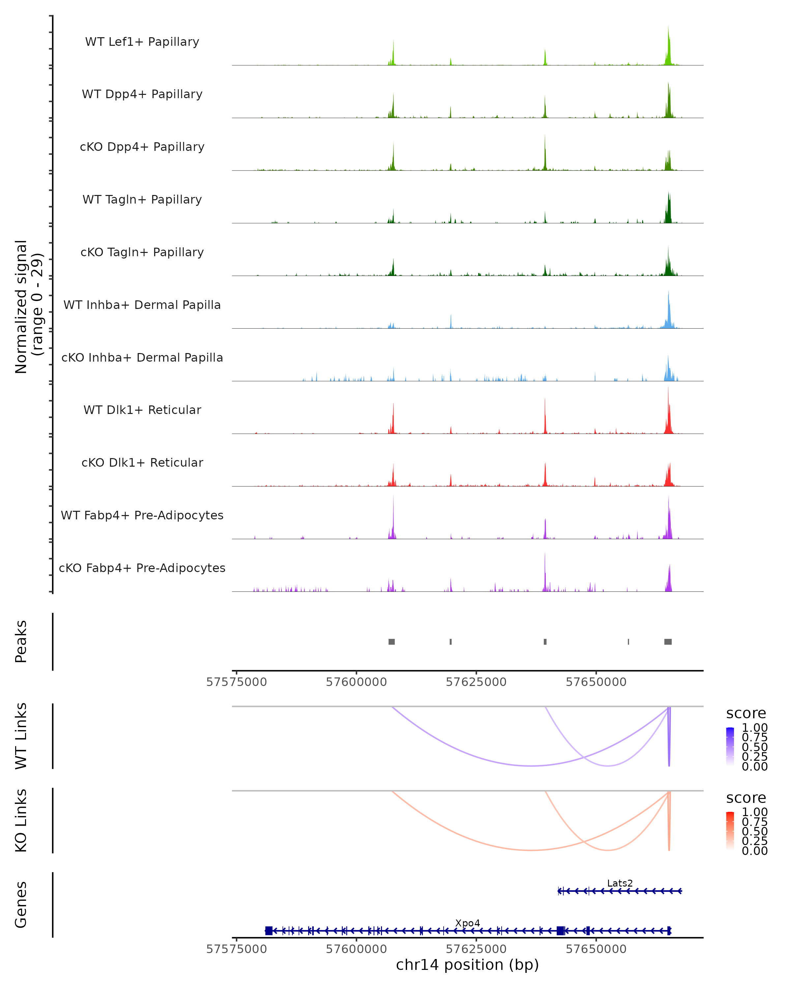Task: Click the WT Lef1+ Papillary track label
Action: pos(142,42)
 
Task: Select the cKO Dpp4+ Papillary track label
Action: pos(142,147)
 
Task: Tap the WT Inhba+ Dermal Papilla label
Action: pos(142,305)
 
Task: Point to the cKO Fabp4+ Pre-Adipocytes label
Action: pos(142,568)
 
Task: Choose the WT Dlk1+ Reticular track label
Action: pos(142,410)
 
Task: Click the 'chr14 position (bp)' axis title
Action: pos(467,965)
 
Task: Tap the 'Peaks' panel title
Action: pos(21,642)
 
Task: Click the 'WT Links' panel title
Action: pos(21,736)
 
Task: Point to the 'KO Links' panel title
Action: pos(21,821)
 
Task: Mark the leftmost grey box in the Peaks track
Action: pos(392,642)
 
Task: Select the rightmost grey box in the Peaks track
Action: pos(668,642)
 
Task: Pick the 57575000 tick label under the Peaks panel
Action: pos(237,682)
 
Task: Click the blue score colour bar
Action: pos(730,747)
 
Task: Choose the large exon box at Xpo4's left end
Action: pos(269,931)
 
